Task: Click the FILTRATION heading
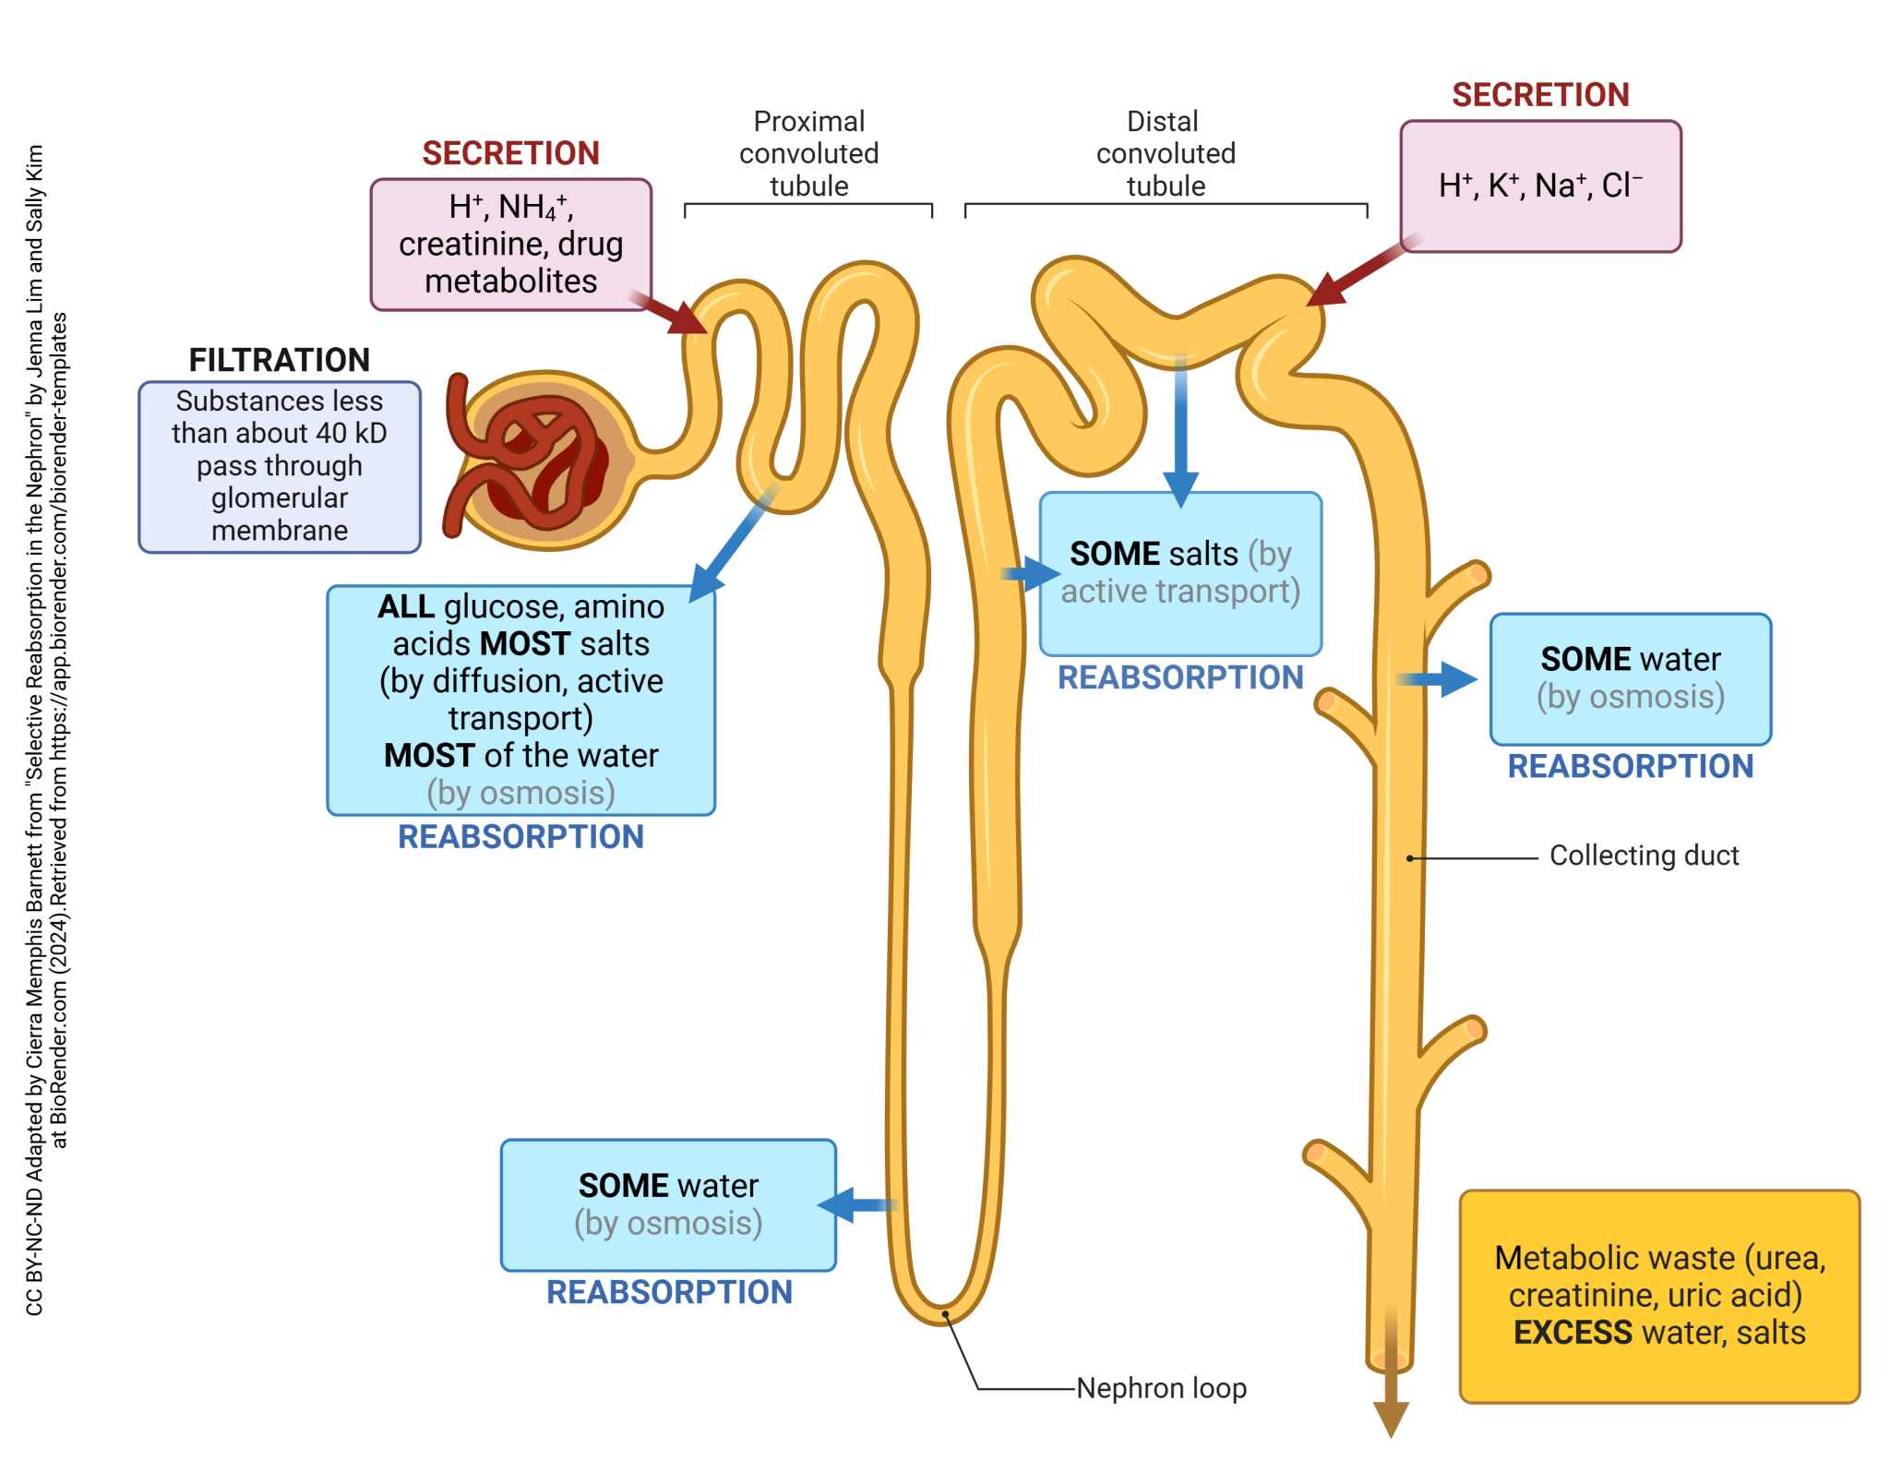click(279, 360)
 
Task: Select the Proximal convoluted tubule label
click(808, 153)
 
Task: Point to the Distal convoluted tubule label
click(1165, 153)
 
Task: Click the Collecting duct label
click(1643, 856)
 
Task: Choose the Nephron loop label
click(1161, 1387)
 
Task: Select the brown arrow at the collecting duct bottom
click(1390, 1403)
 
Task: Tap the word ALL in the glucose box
click(406, 606)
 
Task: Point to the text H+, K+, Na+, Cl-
click(1539, 186)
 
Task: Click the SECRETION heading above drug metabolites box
click(510, 153)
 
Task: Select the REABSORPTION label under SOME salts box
click(1179, 677)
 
